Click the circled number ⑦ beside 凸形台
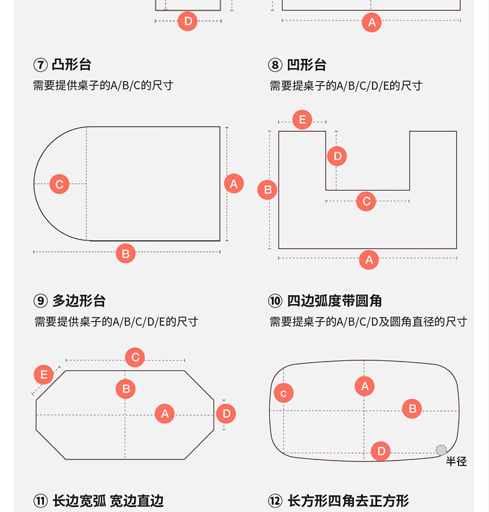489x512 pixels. coord(40,65)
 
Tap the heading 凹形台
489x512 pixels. coord(306,65)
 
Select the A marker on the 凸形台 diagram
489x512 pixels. coord(233,183)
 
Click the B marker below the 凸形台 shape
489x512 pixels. coord(126,253)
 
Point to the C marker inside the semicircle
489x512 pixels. coord(59,184)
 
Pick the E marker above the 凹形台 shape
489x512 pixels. coord(302,119)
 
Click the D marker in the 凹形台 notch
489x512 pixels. coord(337,156)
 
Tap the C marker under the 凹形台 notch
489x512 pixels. coord(366,201)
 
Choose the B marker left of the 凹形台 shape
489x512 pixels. coord(267,189)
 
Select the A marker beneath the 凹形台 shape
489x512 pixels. coord(369,259)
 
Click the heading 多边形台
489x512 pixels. coord(79,301)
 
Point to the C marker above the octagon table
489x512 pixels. coord(135,357)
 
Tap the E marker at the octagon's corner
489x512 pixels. coord(43,375)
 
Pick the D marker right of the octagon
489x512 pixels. coord(226,414)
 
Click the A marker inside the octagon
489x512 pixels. coord(165,414)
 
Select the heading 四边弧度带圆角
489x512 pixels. coord(334,301)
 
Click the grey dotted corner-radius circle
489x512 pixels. coord(441,450)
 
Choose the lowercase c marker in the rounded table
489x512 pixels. coord(283,393)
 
